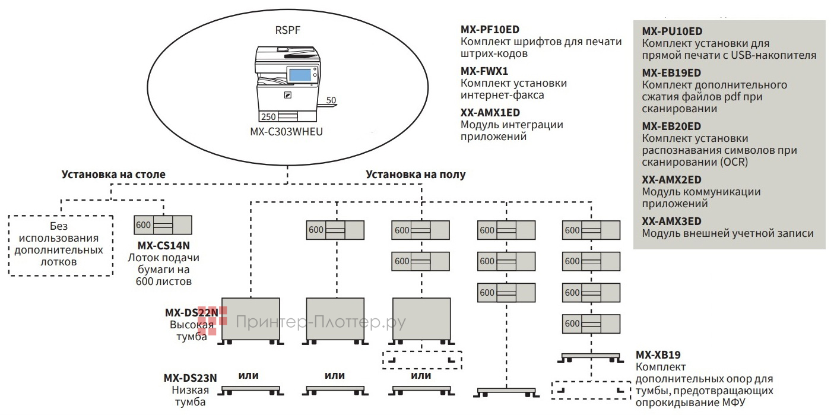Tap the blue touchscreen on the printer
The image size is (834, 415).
[301, 75]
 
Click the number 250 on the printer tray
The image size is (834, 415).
[268, 116]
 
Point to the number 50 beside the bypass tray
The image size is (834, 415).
[331, 100]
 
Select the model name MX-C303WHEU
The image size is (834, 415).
[286, 132]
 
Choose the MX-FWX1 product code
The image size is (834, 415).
[484, 71]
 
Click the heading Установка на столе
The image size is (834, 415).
[113, 175]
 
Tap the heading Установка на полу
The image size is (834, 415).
[416, 175]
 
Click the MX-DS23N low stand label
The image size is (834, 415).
[190, 378]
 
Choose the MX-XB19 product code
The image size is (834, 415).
[657, 356]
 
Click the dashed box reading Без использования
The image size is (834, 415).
[59, 245]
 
